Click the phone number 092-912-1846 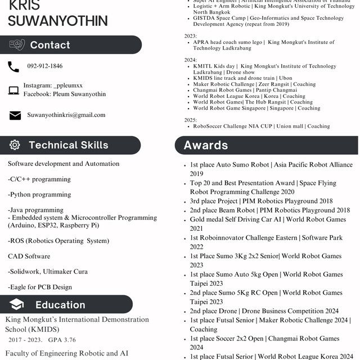pyautogui.click(x=45, y=66)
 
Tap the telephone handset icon pyautogui.click(x=13, y=67)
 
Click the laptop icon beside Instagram pyautogui.click(x=13, y=90)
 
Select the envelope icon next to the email pyautogui.click(x=15, y=115)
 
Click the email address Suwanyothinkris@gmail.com pyautogui.click(x=66, y=115)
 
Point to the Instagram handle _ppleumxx pyautogui.click(x=67, y=85)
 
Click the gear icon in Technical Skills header pyautogui.click(x=15, y=145)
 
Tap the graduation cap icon pyautogui.click(x=16, y=305)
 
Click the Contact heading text pyautogui.click(x=50, y=45)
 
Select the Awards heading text pyautogui.click(x=206, y=145)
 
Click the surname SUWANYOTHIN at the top pyautogui.click(x=58, y=21)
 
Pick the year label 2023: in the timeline pyautogui.click(x=191, y=35)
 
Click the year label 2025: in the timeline pyautogui.click(x=191, y=120)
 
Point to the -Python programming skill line pyautogui.click(x=39, y=195)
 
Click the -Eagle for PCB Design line pyautogui.click(x=40, y=287)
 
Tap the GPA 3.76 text pyautogui.click(x=62, y=340)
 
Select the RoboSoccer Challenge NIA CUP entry pyautogui.click(x=261, y=127)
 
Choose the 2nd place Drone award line pyautogui.click(x=264, y=311)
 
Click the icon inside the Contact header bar pyautogui.click(x=17, y=44)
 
